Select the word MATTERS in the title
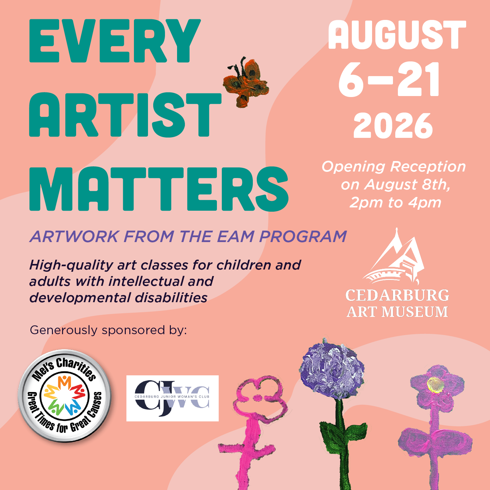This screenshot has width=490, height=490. (159, 189)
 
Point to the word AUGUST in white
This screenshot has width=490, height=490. (397, 35)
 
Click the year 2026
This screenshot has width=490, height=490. (393, 126)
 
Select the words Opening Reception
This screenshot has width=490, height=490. (394, 167)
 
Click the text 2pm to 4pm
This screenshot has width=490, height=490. (395, 203)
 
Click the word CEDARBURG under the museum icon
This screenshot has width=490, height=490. (397, 295)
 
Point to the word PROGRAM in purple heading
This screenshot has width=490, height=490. (303, 237)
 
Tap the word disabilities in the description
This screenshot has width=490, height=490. (171, 298)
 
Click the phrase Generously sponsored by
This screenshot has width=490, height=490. (108, 330)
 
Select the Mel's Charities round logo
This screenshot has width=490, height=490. (65, 396)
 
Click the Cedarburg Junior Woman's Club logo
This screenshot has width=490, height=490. (172, 398)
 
